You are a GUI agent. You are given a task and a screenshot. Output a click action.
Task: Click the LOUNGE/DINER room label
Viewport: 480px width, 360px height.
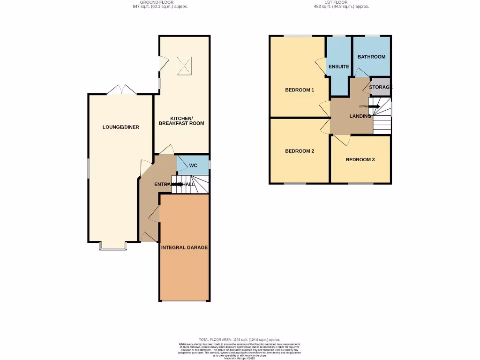121,127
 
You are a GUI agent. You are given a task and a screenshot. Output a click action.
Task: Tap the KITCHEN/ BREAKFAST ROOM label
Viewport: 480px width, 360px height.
181,120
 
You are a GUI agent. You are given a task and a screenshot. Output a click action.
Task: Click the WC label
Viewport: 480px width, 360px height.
194,165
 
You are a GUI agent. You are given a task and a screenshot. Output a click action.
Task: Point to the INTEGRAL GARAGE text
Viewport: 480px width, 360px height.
184,247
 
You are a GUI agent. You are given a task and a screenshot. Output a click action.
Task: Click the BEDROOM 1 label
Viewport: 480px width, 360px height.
300,90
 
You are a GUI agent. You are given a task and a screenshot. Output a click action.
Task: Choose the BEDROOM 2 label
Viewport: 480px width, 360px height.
300,151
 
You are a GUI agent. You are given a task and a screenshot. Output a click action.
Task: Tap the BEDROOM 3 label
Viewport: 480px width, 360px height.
360,159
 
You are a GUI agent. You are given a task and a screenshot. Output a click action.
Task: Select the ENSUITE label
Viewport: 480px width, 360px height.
338,67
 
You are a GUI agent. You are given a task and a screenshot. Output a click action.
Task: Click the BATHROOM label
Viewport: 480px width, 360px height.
371,57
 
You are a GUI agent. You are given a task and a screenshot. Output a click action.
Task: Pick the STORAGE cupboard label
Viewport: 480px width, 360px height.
381,87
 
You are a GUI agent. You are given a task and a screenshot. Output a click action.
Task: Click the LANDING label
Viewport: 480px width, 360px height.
360,116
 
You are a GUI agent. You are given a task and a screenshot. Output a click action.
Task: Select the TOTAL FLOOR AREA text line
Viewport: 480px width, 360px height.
239,339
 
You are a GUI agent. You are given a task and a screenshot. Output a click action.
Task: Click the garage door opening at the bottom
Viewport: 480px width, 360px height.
184,301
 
